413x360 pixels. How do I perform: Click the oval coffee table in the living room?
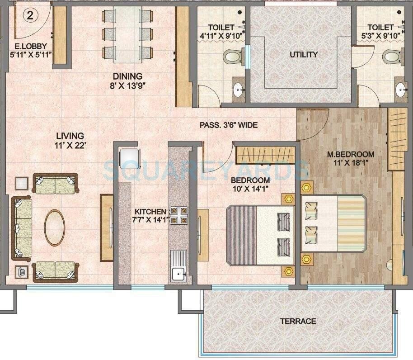pyautogui.click(x=54, y=227)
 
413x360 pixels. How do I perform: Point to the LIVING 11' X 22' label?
pyautogui.click(x=70, y=140)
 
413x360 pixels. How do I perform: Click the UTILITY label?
pyautogui.click(x=303, y=54)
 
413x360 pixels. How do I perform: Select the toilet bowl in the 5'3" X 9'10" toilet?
pyautogui.click(x=391, y=57)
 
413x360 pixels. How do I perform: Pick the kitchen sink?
pyautogui.click(x=178, y=273)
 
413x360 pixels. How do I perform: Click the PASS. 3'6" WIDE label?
pyautogui.click(x=229, y=125)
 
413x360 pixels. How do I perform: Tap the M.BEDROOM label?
pyautogui.click(x=351, y=158)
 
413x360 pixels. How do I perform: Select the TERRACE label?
pyautogui.click(x=298, y=321)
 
